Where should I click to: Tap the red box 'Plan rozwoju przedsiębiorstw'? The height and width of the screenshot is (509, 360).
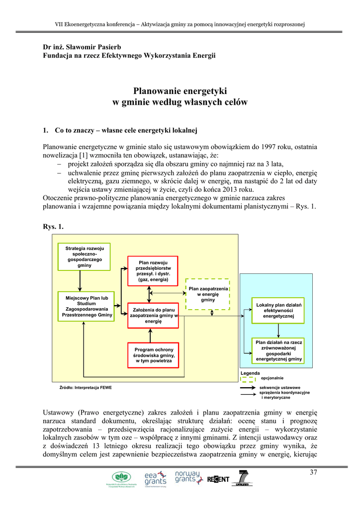point(153,271)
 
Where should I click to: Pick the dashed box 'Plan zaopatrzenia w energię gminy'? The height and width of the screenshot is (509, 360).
point(208,294)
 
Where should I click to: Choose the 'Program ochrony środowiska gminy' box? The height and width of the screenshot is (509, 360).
point(153,355)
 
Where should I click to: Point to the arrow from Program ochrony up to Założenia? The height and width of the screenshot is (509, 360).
point(153,335)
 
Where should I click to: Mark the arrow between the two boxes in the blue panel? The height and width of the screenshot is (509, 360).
point(278,331)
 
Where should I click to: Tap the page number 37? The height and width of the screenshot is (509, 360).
point(313,472)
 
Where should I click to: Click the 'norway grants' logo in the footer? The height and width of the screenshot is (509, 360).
point(187,478)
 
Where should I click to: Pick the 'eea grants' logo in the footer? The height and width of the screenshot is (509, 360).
point(156,479)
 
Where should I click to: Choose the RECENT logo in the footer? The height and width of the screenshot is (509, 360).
point(218,479)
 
